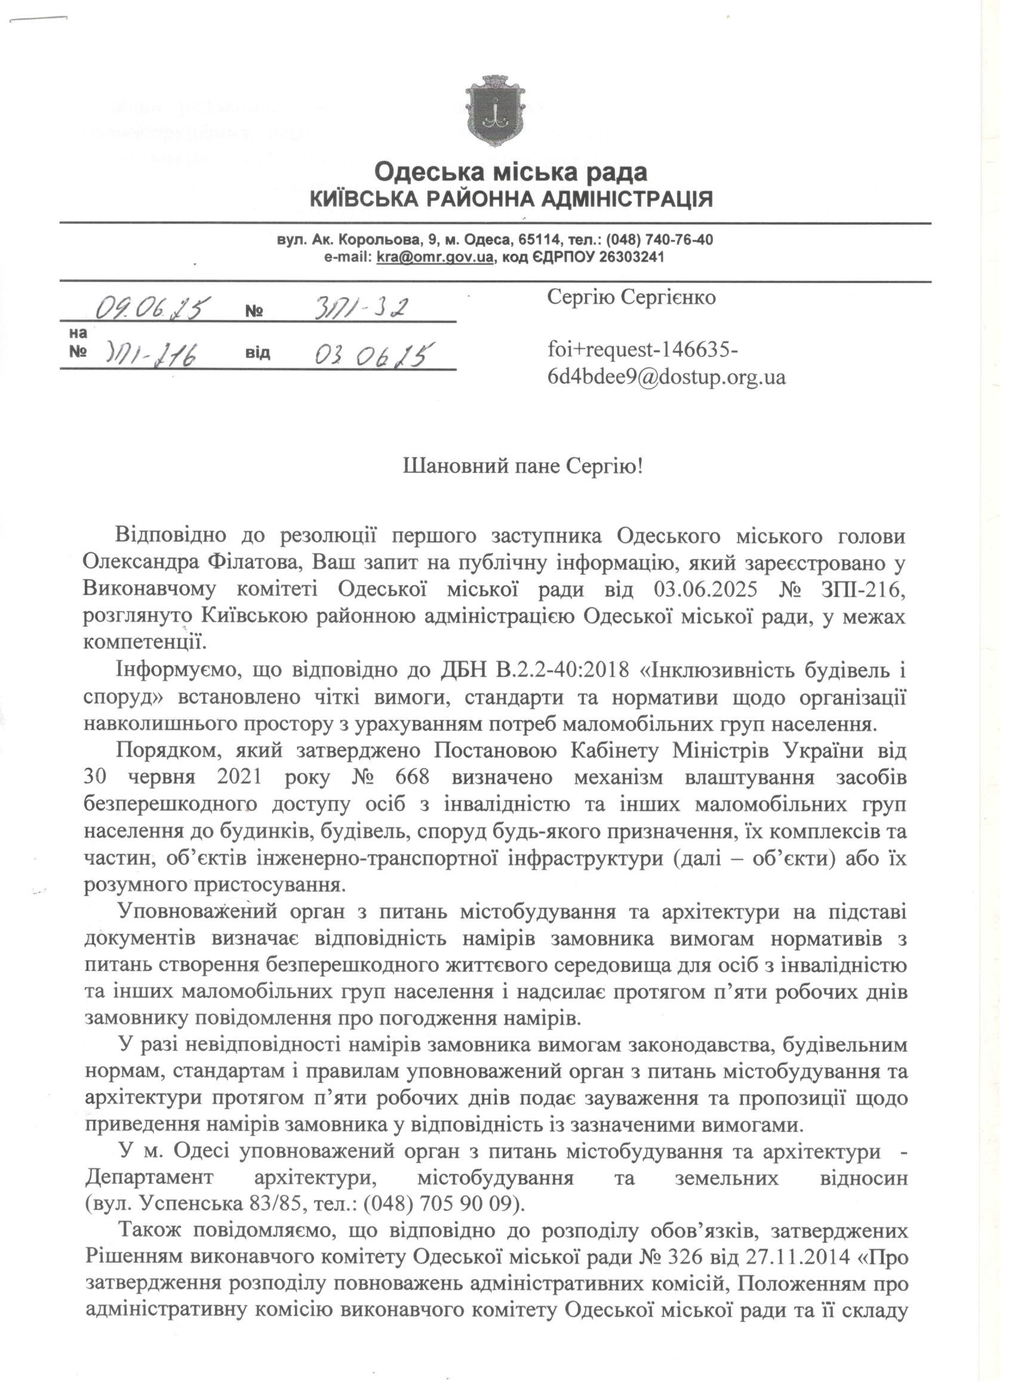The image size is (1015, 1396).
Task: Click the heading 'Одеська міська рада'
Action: click(511, 173)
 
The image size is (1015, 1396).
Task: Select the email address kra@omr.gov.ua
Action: click(435, 257)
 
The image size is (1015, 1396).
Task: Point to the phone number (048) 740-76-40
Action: click(660, 239)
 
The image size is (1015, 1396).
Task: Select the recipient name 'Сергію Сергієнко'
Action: click(631, 298)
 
